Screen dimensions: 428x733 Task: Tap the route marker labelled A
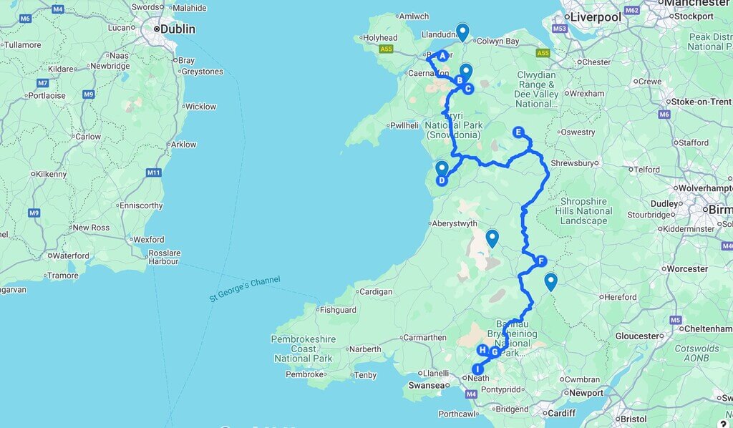click(442, 56)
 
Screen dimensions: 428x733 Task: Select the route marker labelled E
click(519, 132)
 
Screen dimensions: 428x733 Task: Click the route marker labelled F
click(541, 261)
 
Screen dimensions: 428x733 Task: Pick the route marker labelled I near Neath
click(477, 369)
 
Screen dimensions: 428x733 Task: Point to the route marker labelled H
click(482, 350)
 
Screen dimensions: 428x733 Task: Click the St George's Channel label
click(245, 289)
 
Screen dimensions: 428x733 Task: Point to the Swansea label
click(427, 385)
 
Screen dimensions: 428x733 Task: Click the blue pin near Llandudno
click(462, 31)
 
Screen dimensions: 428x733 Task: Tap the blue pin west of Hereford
click(550, 281)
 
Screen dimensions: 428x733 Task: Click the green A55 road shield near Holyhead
click(387, 49)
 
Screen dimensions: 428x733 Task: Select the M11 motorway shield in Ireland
click(153, 172)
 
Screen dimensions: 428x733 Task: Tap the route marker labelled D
click(442, 180)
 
